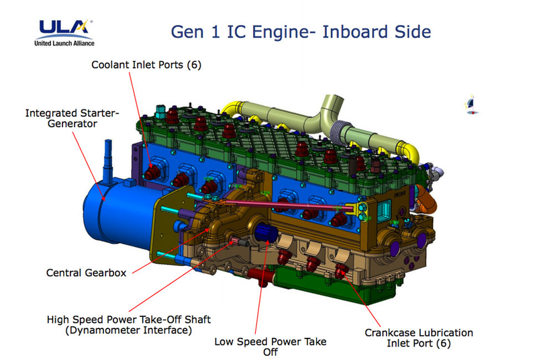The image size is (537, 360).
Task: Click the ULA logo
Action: [x=64, y=32]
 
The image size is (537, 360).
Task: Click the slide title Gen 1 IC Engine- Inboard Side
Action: [x=301, y=32]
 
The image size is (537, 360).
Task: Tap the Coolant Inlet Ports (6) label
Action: [x=146, y=64]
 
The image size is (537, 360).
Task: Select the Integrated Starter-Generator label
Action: [x=72, y=118]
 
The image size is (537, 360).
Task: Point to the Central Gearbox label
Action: [x=87, y=273]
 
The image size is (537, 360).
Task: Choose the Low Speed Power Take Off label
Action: [x=271, y=347]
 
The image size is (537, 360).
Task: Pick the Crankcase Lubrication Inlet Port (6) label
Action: [x=419, y=338]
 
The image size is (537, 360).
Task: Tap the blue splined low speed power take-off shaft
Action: [x=265, y=232]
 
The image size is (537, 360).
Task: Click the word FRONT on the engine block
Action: [x=400, y=195]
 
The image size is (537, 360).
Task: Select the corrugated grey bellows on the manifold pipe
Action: [x=340, y=132]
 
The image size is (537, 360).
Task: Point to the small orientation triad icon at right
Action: [x=472, y=104]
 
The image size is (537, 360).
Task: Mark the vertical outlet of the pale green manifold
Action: [x=332, y=107]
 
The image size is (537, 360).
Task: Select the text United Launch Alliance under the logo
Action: [x=64, y=43]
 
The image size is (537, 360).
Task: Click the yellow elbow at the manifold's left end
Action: [x=231, y=109]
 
